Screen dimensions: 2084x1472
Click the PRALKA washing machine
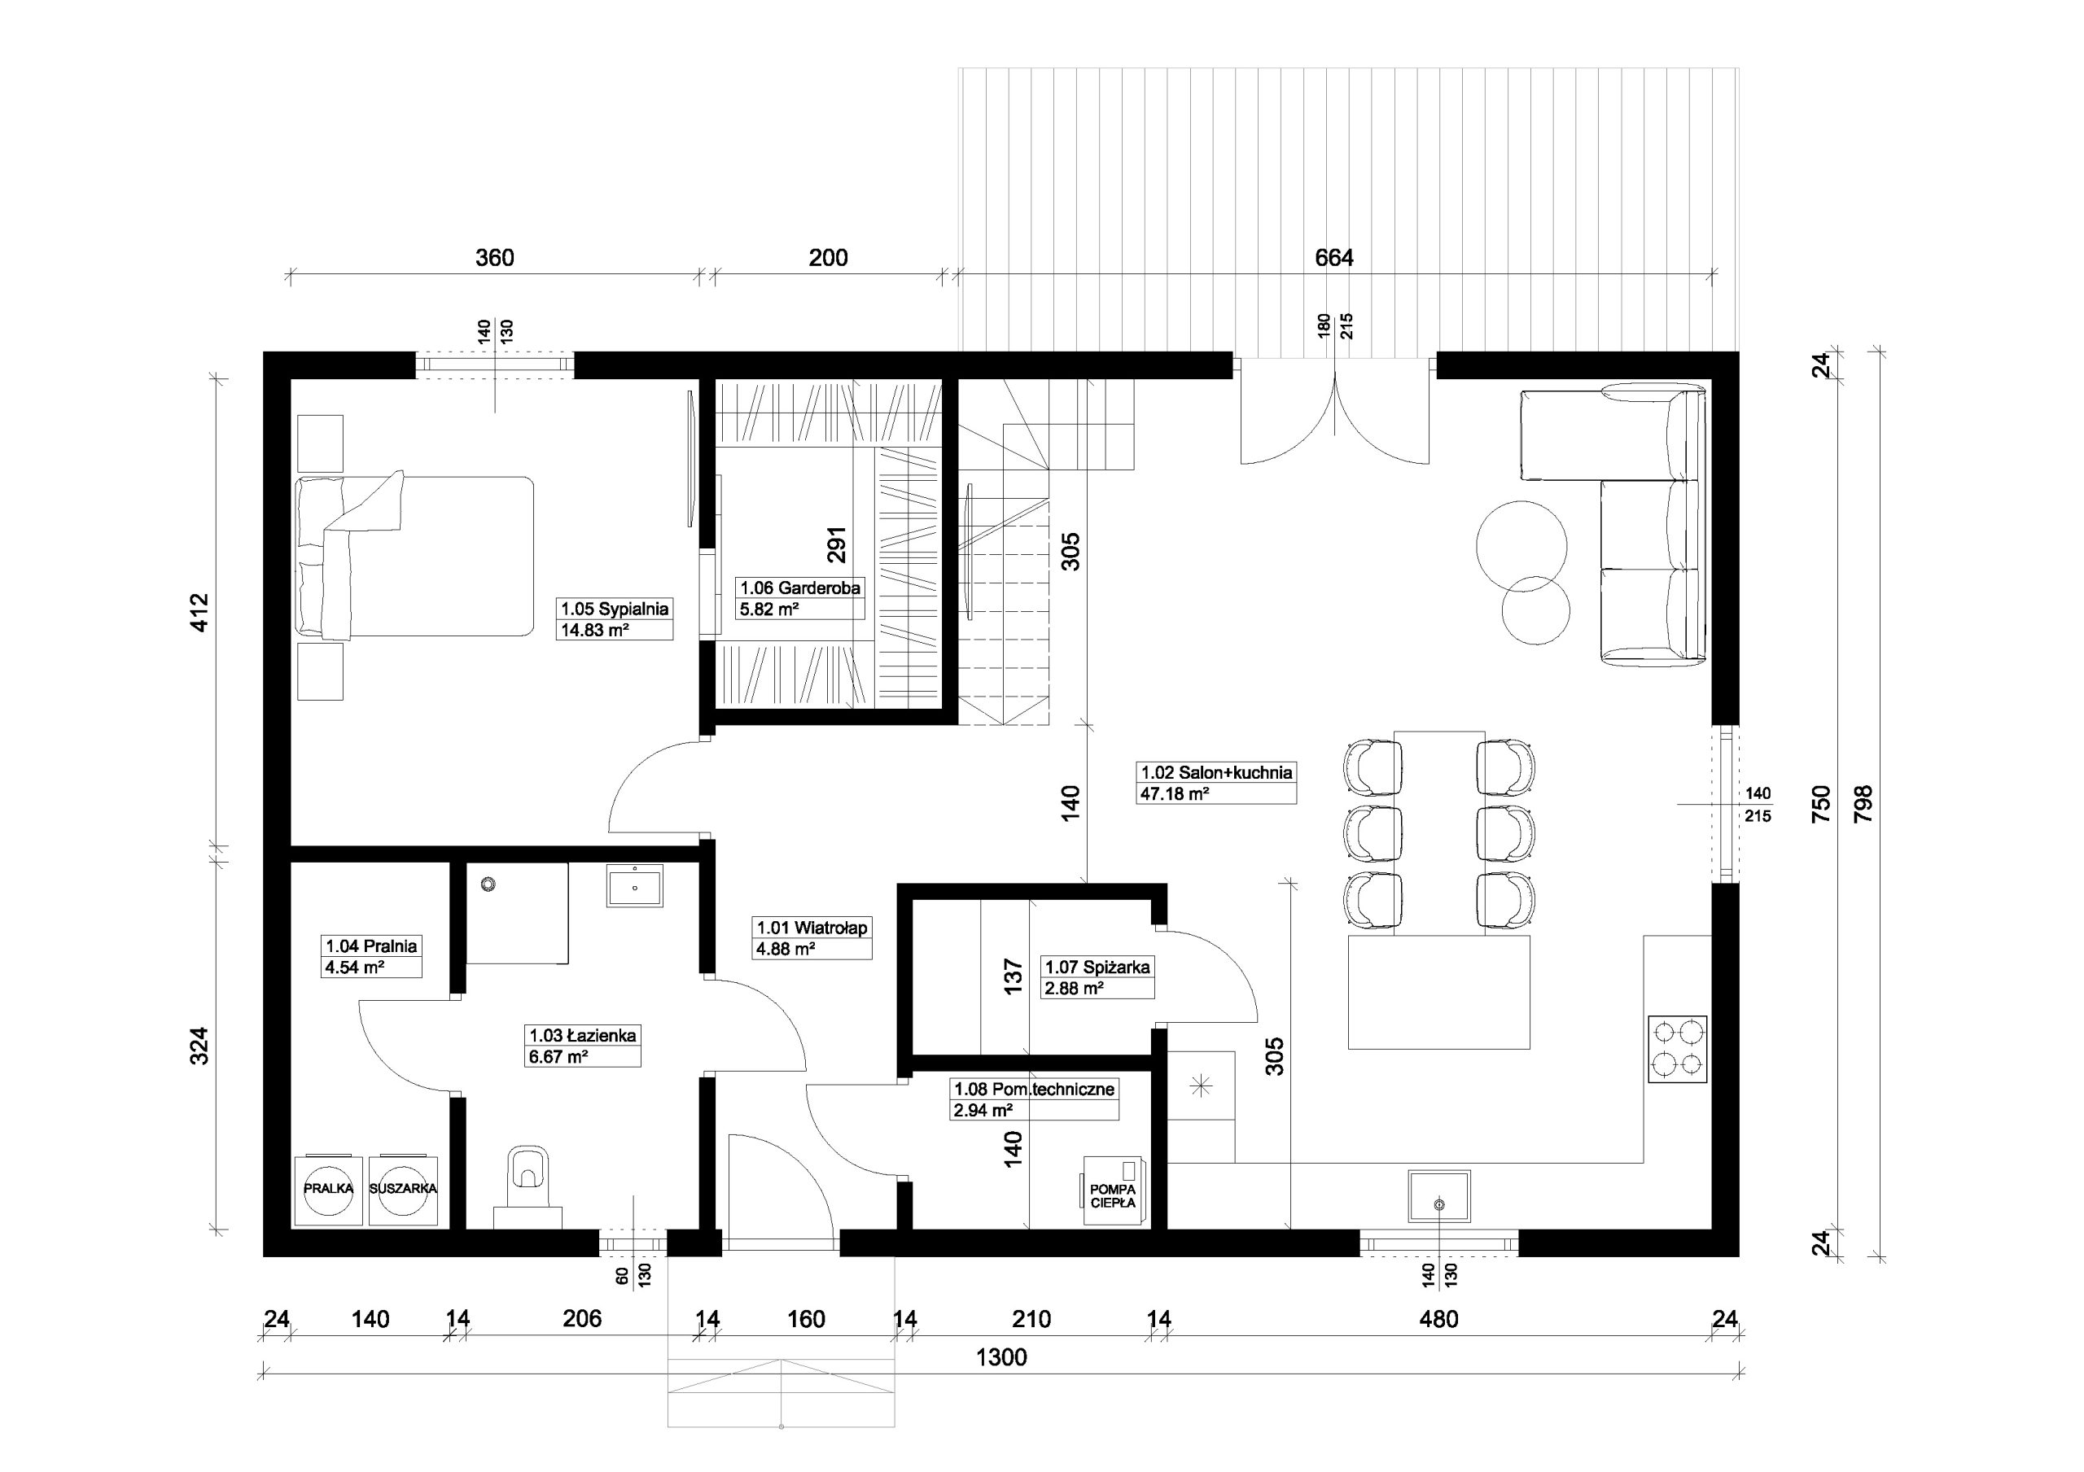click(329, 1190)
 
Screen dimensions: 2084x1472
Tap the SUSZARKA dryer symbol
click(403, 1190)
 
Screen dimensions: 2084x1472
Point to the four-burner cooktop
click(1677, 1048)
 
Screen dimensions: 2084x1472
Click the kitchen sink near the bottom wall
click(1439, 1196)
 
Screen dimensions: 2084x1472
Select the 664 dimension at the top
click(1334, 258)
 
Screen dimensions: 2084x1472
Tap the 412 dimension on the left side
click(200, 613)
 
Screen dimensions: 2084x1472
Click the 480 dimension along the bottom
click(1438, 1319)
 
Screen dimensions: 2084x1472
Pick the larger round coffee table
click(1521, 545)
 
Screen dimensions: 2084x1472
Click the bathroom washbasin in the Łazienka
click(634, 885)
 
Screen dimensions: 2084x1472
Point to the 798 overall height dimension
click(1863, 803)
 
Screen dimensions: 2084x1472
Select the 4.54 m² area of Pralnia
click(355, 968)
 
